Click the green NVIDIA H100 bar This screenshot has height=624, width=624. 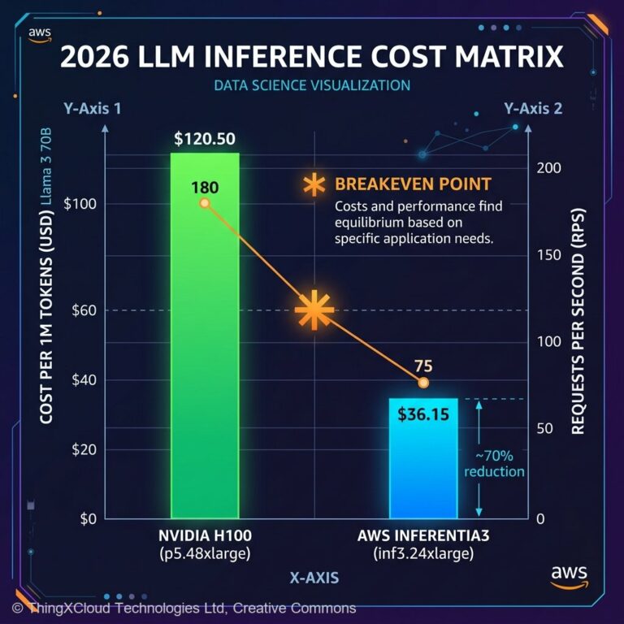coord(204,341)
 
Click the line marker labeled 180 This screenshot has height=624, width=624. coord(205,202)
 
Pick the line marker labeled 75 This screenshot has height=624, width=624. coord(423,383)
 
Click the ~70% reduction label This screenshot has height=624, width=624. coord(494,463)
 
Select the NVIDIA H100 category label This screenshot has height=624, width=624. coord(205,536)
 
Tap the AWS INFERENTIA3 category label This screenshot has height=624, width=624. coord(422,536)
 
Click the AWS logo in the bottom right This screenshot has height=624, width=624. coord(568,575)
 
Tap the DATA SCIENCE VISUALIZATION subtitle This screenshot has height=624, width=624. coord(312,84)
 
